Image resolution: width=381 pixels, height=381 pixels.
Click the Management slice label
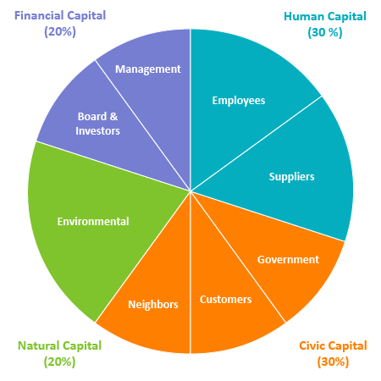pyautogui.click(x=148, y=69)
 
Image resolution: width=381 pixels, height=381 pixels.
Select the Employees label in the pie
pyautogui.click(x=239, y=101)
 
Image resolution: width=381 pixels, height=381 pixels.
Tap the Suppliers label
pyautogui.click(x=291, y=177)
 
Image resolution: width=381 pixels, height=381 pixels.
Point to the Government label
pyautogui.click(x=288, y=259)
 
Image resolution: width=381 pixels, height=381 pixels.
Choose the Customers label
pyautogui.click(x=225, y=300)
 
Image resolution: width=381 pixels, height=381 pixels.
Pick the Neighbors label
pyautogui.click(x=153, y=305)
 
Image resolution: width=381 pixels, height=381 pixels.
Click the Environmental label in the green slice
pyautogui.click(x=93, y=222)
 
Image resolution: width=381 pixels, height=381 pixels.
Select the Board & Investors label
pyautogui.click(x=97, y=124)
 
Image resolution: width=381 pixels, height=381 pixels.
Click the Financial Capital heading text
pyautogui.click(x=60, y=16)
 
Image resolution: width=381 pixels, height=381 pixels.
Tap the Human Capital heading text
pyautogui.click(x=325, y=17)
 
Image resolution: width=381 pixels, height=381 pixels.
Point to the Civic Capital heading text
pyautogui.click(x=333, y=346)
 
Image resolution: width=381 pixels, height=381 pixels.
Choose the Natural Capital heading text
pyautogui.click(x=59, y=346)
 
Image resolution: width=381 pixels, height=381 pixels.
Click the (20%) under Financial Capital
pyautogui.click(x=60, y=31)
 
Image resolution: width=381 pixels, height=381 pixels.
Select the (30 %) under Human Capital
pyautogui.click(x=325, y=32)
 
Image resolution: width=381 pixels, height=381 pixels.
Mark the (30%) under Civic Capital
pyautogui.click(x=333, y=362)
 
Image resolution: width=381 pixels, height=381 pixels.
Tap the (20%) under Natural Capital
pyautogui.click(x=59, y=362)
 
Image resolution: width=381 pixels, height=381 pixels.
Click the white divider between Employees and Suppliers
pyautogui.click(x=256, y=144)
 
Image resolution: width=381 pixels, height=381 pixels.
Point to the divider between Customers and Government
pyautogui.click(x=238, y=257)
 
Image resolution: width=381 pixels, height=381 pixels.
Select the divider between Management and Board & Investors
pyautogui.click(x=142, y=125)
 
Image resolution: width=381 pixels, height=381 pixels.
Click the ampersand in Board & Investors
pyautogui.click(x=113, y=117)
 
